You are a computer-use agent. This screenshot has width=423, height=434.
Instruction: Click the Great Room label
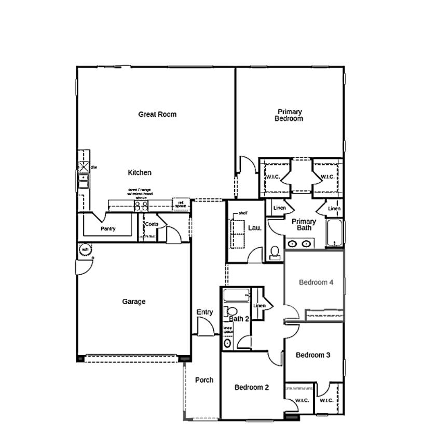pos(157,114)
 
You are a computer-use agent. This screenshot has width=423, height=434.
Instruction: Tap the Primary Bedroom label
pos(289,115)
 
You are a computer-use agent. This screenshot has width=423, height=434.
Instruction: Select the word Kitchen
pos(140,172)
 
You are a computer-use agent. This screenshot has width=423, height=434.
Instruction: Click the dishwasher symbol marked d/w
pos(83,167)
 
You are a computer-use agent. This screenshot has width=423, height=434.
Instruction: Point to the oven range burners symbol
pos(141,206)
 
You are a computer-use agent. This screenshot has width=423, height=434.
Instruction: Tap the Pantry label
pos(108,228)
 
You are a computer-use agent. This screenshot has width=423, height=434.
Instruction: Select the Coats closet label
pos(152,224)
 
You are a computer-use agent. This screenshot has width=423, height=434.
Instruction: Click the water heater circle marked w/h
pos(85,250)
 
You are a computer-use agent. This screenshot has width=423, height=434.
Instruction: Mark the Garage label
pos(134,302)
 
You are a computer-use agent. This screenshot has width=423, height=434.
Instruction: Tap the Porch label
pos(204,380)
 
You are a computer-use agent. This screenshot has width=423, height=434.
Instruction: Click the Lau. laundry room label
pos(254,227)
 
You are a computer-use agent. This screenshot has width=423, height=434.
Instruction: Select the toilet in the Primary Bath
pos(275,253)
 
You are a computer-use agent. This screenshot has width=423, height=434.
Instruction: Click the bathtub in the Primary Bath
pos(335,234)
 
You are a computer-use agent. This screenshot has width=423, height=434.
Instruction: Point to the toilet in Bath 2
pos(228,311)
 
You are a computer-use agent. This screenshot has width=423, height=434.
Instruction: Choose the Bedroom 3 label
pos(313,355)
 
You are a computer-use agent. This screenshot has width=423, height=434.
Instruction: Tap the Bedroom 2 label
pos(251,387)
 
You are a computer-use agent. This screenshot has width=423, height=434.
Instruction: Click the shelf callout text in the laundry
pos(242,213)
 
